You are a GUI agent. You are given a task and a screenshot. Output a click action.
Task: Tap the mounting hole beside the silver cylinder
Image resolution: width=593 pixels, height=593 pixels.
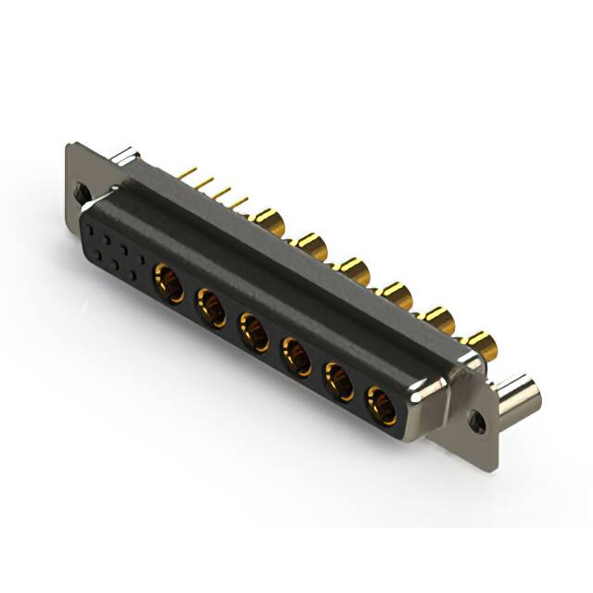click(477, 421)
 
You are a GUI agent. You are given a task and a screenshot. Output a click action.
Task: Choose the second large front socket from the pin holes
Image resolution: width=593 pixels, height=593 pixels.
click(210, 306)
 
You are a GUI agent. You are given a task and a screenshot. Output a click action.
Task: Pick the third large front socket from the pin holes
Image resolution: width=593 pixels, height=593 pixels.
click(253, 331)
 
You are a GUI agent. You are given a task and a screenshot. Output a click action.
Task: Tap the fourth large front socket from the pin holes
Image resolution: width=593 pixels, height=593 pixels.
click(296, 356)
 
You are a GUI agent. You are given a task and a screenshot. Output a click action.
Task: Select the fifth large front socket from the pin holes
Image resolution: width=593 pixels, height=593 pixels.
click(338, 381)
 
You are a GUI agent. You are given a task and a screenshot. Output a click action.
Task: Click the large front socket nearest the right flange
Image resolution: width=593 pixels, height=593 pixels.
click(381, 406)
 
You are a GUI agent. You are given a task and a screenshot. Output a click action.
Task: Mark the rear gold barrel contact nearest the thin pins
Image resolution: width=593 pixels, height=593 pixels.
click(269, 221)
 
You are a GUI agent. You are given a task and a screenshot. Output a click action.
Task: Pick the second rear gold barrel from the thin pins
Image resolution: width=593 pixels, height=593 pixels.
click(309, 246)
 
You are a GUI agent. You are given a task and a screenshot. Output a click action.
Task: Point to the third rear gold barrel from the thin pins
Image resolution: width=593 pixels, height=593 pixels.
click(353, 270)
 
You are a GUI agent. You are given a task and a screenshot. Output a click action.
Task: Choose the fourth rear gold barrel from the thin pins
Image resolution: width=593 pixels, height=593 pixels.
click(396, 295)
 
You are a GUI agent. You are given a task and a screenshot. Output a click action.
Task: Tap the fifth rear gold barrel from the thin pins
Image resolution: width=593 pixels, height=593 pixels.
click(437, 321)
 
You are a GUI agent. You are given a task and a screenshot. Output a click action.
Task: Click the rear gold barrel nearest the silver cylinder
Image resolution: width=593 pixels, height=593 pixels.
click(481, 345)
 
